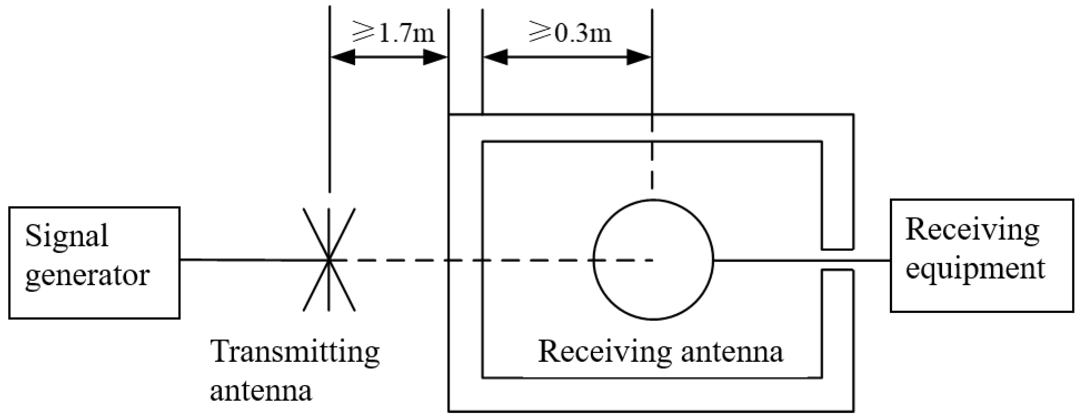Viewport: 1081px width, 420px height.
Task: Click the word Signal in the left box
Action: [67, 237]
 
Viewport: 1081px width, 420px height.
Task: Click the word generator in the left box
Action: [87, 276]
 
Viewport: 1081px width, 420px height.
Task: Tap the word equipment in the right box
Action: [975, 269]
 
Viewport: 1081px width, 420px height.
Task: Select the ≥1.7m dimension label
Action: [393, 33]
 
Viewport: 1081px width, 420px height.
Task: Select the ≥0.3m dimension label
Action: [570, 33]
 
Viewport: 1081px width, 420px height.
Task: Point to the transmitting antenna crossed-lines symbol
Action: [329, 260]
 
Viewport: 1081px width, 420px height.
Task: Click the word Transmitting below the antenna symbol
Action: [295, 353]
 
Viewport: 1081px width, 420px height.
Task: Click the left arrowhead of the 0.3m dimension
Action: [496, 57]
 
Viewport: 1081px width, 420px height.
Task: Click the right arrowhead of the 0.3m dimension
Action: [638, 57]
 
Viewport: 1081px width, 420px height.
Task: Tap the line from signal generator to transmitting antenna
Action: [252, 260]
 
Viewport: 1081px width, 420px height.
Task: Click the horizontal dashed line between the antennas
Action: [420, 260]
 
